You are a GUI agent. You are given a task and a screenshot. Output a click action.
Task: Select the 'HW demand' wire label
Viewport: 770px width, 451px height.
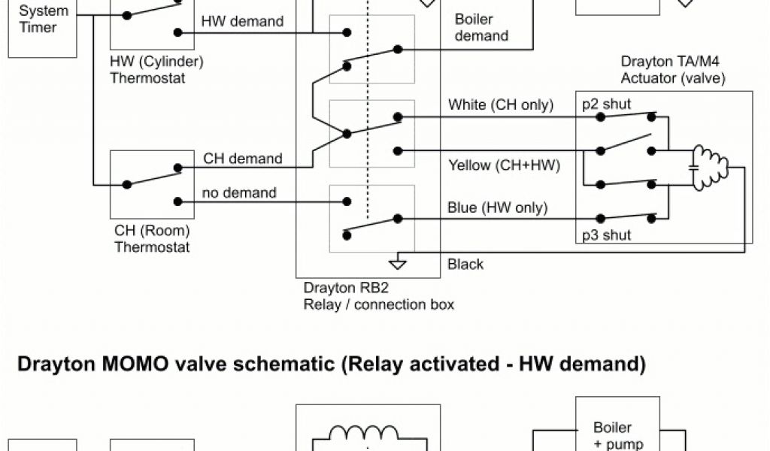[242, 22]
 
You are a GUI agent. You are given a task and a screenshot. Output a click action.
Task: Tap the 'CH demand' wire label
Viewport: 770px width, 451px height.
[243, 159]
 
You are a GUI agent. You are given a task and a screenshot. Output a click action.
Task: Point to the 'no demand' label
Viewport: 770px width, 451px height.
[239, 193]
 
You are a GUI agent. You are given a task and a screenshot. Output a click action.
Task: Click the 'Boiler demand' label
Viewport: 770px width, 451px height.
[481, 27]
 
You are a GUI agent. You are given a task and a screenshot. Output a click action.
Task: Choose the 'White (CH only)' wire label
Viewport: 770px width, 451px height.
[501, 105]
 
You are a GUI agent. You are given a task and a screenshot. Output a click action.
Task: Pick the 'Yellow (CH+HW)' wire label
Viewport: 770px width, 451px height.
[504, 165]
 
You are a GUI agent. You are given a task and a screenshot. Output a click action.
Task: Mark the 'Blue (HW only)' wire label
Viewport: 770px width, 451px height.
[497, 207]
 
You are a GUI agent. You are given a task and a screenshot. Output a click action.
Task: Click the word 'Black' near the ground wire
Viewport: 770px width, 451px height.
[465, 264]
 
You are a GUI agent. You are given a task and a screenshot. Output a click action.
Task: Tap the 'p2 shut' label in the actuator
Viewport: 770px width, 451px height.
[606, 104]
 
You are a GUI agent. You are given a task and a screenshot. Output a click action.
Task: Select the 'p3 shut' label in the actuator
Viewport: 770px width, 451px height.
[606, 235]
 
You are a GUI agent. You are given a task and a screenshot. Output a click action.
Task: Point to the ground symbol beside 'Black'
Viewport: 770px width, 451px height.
[397, 262]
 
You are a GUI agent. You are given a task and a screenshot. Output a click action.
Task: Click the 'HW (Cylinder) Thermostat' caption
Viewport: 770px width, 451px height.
[156, 69]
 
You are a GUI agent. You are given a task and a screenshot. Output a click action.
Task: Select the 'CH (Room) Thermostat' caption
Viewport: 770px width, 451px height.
[152, 239]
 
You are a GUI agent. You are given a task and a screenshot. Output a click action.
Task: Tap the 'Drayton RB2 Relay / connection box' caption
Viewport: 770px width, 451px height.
[378, 296]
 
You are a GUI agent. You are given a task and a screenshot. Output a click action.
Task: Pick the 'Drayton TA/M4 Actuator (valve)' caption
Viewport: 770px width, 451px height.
[673, 70]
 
